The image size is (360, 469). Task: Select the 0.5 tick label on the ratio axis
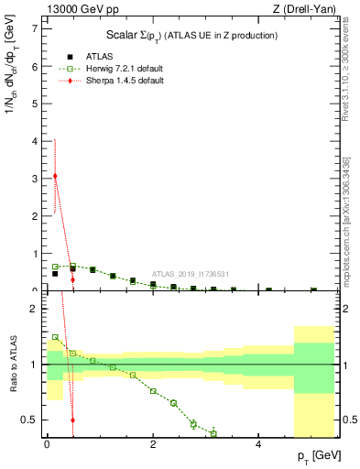(29, 420)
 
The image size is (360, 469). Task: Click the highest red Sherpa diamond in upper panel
(55, 176)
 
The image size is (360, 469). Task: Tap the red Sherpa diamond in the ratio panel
(72, 420)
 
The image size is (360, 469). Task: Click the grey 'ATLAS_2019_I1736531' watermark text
(190, 274)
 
